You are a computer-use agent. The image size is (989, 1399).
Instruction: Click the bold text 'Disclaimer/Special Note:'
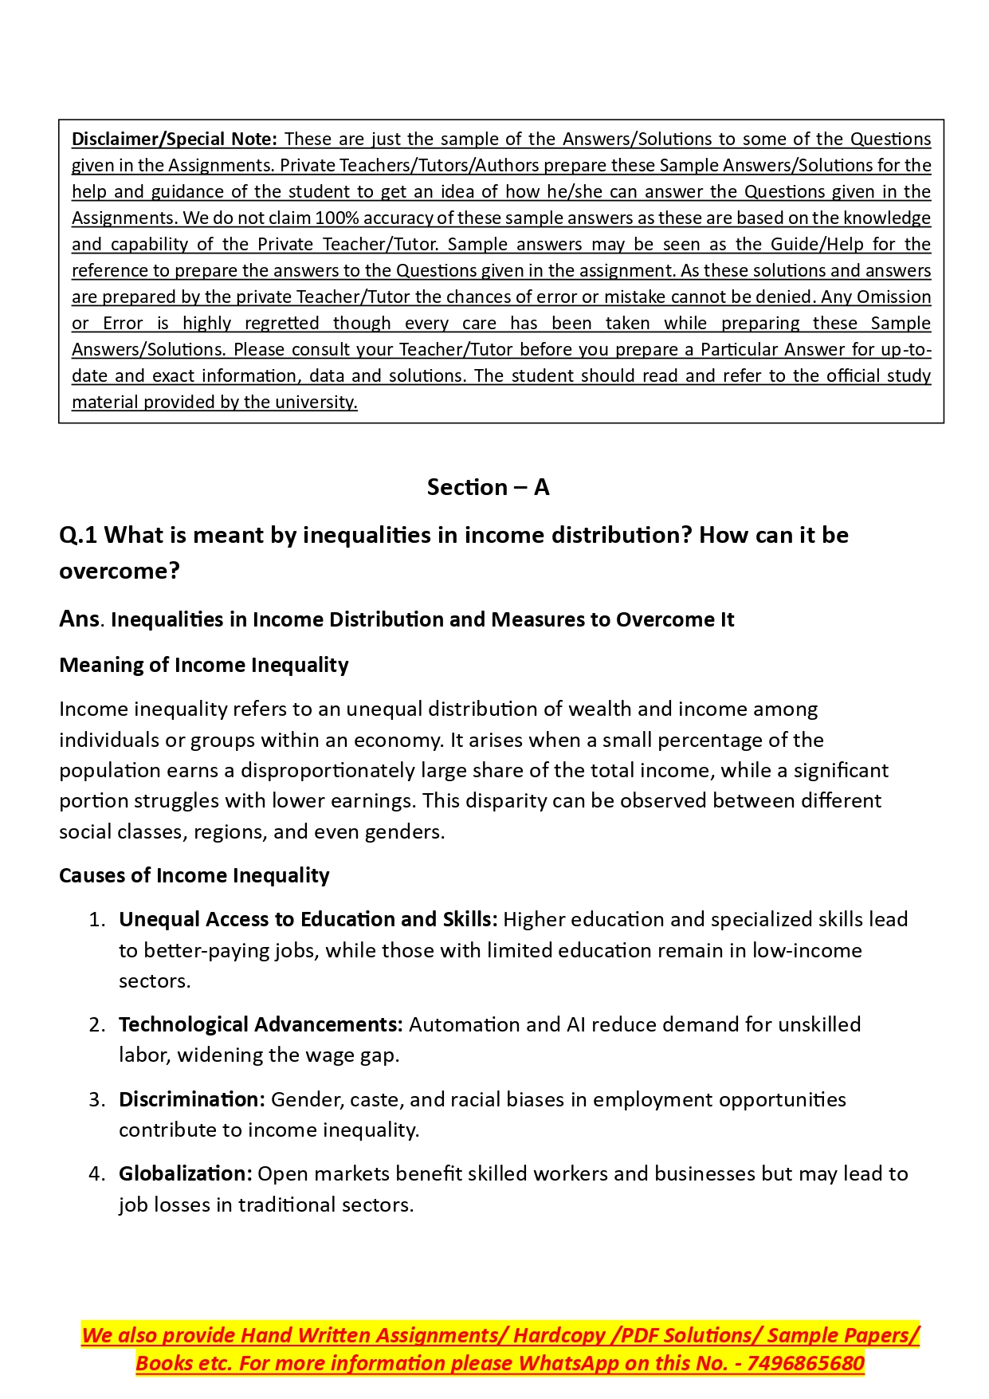click(x=175, y=140)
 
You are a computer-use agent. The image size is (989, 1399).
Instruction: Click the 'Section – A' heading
click(x=488, y=487)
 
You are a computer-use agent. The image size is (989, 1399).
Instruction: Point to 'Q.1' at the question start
click(x=78, y=535)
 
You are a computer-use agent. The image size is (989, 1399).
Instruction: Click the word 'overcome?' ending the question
click(x=120, y=571)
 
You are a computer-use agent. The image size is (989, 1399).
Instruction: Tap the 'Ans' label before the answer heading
click(x=80, y=619)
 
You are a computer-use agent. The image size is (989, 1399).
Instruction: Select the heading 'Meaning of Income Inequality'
click(x=204, y=665)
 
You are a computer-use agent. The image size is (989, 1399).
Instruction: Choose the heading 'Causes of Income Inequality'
click(x=194, y=875)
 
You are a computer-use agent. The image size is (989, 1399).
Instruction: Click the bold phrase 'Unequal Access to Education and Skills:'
click(x=308, y=920)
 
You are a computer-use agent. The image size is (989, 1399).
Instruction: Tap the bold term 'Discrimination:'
click(x=192, y=1100)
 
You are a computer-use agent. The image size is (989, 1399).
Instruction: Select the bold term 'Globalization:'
click(x=186, y=1174)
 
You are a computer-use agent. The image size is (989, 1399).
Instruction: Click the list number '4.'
click(x=96, y=1174)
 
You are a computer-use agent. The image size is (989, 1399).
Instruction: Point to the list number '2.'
click(x=96, y=1025)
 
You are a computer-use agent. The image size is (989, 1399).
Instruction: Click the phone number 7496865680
click(x=806, y=1364)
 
